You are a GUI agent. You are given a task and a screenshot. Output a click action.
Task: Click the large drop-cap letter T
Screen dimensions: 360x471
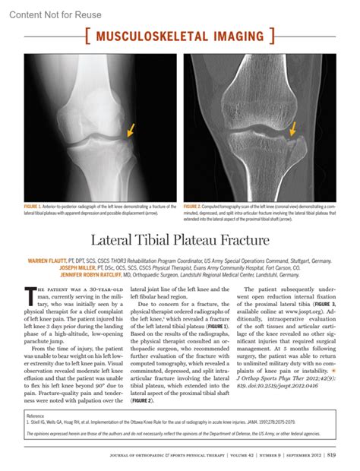coord(30,291)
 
